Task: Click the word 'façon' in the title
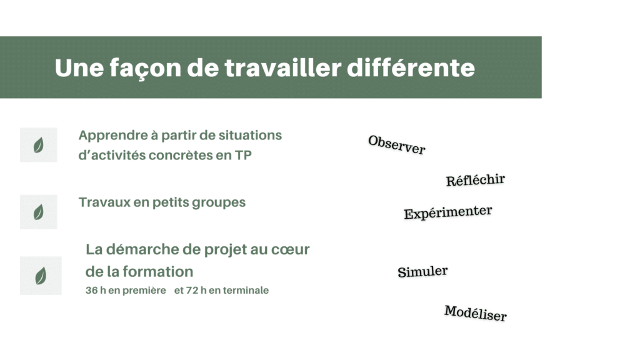pyautogui.click(x=145, y=68)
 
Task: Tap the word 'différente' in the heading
pyautogui.click(x=411, y=67)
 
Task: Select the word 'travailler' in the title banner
pyautogui.click(x=283, y=67)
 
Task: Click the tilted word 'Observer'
pyautogui.click(x=397, y=145)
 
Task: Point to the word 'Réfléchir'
pyautogui.click(x=476, y=180)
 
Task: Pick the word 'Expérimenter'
pyautogui.click(x=447, y=212)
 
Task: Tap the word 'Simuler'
pyautogui.click(x=422, y=271)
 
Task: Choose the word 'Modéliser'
pyautogui.click(x=476, y=313)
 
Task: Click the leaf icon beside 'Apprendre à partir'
pyautogui.click(x=38, y=145)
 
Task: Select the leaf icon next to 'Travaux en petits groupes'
pyautogui.click(x=38, y=212)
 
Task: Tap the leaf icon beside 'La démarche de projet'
pyautogui.click(x=41, y=276)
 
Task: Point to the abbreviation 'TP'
pyautogui.click(x=243, y=155)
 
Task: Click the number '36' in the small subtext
pyautogui.click(x=91, y=290)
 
